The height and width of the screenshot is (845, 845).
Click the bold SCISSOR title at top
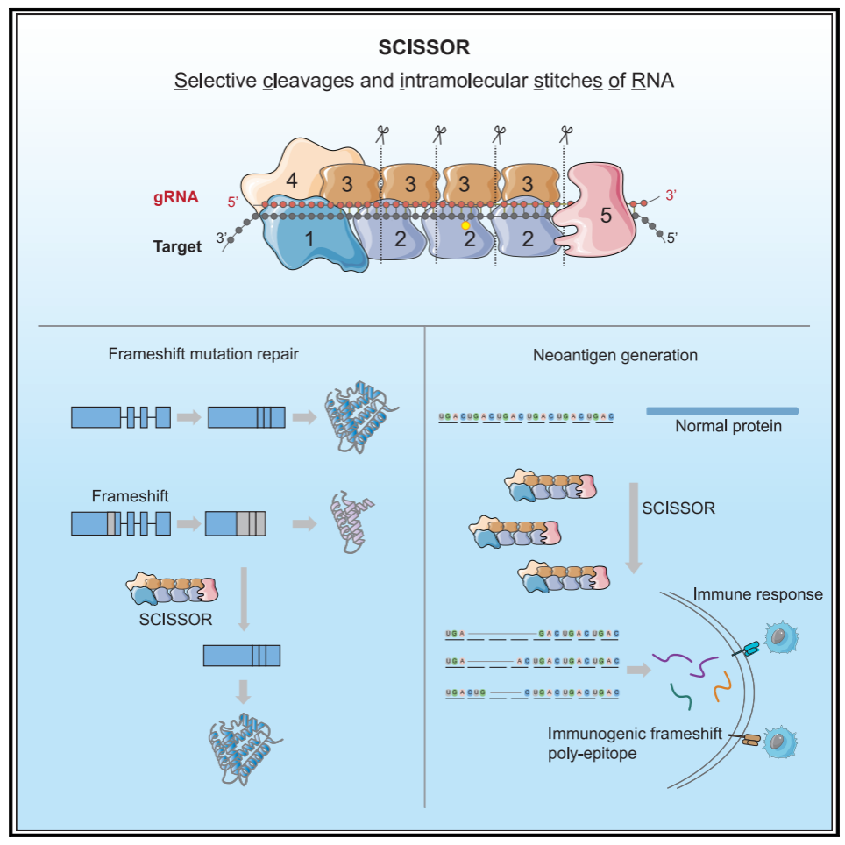click(x=423, y=46)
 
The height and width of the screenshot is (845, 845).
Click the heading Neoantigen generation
click(x=615, y=355)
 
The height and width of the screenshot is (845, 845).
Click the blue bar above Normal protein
click(x=721, y=410)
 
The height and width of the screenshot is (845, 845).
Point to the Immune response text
click(x=757, y=594)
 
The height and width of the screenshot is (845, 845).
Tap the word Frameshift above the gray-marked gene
click(x=130, y=496)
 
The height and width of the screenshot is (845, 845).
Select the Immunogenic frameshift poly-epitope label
click(x=635, y=742)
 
